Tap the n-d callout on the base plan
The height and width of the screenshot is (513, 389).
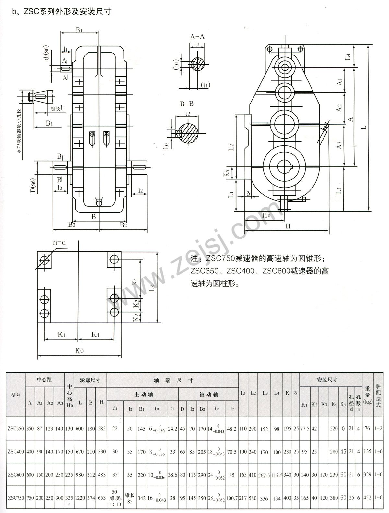click(59, 242)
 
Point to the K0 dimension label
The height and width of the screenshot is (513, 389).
click(79, 351)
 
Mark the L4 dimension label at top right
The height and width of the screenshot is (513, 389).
click(348, 57)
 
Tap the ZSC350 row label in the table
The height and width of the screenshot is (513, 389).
click(16, 429)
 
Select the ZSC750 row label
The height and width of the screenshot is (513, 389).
click(16, 498)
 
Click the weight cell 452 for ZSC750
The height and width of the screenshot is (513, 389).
click(367, 498)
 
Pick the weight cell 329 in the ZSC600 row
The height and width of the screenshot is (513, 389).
click(367, 475)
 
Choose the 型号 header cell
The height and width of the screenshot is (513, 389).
click(16, 395)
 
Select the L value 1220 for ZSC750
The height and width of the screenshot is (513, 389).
click(80, 498)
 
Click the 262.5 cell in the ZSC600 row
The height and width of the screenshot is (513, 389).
click(264, 475)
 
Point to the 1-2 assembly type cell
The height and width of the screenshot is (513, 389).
click(378, 429)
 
